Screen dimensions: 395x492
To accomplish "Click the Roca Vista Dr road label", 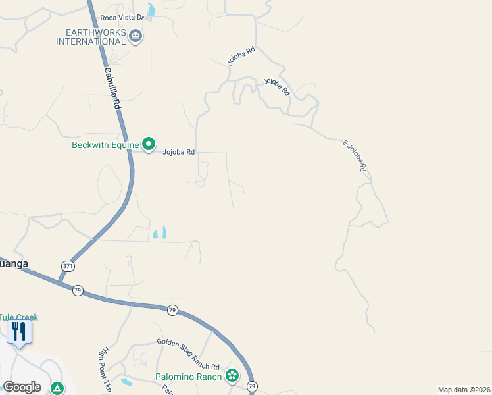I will tap(122, 18).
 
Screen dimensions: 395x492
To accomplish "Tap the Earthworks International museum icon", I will tap(135, 36).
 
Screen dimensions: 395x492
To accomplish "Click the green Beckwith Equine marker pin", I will tap(149, 144).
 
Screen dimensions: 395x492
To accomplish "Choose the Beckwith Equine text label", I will tap(105, 145).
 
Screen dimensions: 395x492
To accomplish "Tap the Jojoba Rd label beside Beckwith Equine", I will tap(180, 152).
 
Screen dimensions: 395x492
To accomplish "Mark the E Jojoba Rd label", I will tap(354, 155).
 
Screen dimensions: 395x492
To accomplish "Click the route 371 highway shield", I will tap(68, 266).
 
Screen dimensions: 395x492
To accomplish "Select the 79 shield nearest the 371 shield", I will tap(78, 290).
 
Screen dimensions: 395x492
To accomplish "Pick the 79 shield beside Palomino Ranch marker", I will tap(251, 386).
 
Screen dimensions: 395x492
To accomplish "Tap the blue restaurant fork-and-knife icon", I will tap(19, 330).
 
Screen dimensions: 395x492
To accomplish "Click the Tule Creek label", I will tap(19, 317).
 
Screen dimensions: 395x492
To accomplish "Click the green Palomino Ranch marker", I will tap(232, 376).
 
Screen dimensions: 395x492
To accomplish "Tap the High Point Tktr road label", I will tap(103, 371).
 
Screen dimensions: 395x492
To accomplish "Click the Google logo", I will tap(22, 386).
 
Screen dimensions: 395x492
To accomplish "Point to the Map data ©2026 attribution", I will tap(464, 390).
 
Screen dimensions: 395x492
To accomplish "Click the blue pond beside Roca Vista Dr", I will tap(152, 10).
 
